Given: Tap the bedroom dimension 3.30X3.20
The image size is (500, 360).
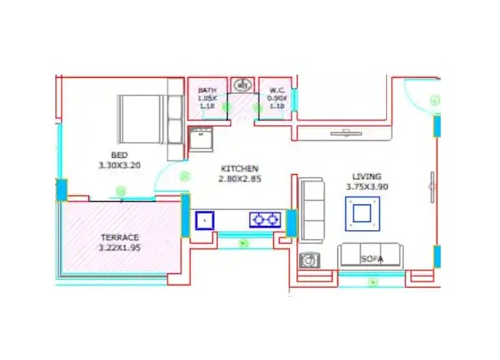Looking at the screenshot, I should point(119,165).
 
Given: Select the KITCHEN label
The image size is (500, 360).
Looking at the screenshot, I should point(240,168).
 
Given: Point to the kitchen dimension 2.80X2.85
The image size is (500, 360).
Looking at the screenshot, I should point(240,178).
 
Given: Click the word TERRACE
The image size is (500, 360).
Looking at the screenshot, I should point(120,237).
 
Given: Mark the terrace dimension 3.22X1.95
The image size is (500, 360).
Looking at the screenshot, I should point(120,248).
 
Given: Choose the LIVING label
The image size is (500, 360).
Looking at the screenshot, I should point(366,176).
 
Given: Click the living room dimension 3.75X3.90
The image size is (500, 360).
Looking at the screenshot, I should point(366,187).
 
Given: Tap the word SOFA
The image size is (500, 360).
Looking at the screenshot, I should point(372,259).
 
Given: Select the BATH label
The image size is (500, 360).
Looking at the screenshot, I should point(208,91).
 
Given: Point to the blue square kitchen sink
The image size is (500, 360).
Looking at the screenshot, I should point(206,218).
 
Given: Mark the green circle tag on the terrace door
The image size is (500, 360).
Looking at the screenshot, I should point(122,191).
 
